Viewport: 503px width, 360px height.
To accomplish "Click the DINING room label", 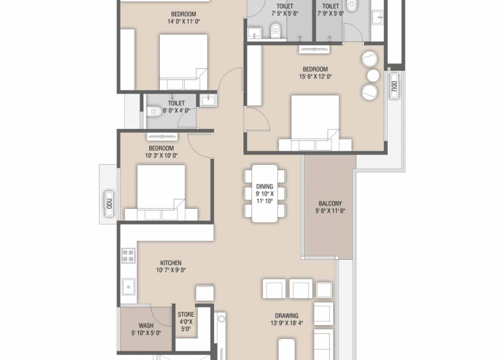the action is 265,187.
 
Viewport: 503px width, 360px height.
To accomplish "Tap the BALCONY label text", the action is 330,204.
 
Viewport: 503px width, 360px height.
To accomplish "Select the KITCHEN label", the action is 171,263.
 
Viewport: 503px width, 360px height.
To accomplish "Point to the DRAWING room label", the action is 286,315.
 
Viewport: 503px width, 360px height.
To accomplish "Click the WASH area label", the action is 146,326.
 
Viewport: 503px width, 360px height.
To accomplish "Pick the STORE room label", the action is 186,315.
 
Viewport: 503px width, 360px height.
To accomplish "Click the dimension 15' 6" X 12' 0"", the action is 315,77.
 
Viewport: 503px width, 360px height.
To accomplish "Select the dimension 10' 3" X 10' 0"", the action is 161,156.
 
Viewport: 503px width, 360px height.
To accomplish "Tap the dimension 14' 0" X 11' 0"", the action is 183,22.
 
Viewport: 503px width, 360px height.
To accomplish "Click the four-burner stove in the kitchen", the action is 128,255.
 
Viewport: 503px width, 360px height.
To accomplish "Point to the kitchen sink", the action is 128,287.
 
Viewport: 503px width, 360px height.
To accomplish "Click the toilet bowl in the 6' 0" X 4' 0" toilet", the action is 154,111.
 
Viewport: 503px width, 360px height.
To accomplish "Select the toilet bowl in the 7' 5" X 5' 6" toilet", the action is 276,30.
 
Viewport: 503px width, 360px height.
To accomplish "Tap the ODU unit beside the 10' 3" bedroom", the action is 109,204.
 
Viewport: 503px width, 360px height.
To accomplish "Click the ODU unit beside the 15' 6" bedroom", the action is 394,86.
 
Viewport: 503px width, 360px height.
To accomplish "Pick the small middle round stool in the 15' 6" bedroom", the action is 373,76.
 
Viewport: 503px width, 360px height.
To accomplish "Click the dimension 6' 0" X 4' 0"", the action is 176,111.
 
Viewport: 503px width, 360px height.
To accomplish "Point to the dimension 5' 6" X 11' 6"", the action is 330,211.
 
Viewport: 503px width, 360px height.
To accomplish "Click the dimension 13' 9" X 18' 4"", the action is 287,323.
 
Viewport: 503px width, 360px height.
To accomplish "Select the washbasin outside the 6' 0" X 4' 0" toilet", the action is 208,100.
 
